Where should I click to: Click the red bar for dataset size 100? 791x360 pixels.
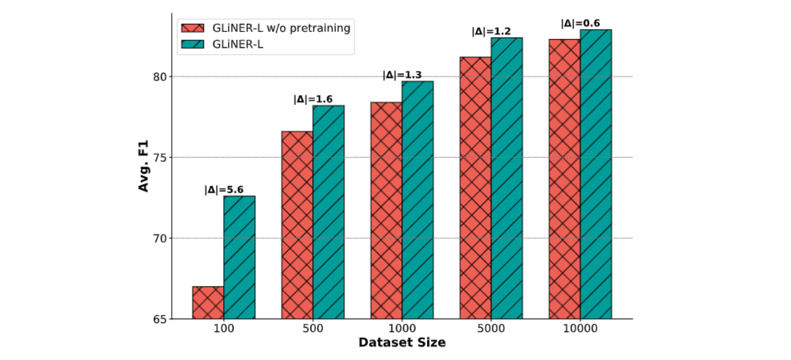pos(208,303)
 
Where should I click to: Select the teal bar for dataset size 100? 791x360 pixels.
pos(239,257)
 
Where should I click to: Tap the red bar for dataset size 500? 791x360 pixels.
pos(297,225)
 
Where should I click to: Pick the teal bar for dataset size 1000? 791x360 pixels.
pos(418,200)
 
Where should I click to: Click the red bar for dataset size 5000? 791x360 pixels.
pos(475,188)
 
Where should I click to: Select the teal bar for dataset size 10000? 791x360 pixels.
pos(596,174)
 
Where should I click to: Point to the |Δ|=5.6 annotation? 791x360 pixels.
pos(224,189)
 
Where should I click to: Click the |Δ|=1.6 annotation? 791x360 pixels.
pos(313,99)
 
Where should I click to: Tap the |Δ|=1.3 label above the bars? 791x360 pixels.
pos(402,75)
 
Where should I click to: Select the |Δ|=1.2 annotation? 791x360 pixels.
pos(491,31)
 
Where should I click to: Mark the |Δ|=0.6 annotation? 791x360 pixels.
pos(580,23)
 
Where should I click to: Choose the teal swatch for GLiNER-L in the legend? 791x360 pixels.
pos(191,44)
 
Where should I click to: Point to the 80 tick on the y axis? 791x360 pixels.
pos(160,76)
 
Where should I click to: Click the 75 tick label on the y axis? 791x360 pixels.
pos(160,157)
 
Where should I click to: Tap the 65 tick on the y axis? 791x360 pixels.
pos(160,319)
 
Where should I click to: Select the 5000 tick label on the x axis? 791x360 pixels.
pos(491,329)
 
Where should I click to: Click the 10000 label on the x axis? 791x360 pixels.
pos(580,329)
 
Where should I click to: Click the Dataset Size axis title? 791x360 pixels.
pos(402,343)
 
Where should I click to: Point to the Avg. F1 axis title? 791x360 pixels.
pos(143,165)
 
